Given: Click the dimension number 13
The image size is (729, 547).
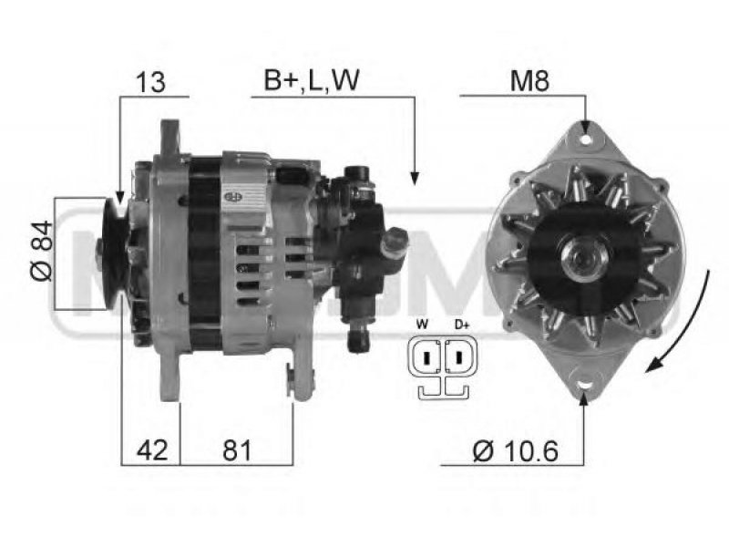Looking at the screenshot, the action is pyautogui.click(x=150, y=82).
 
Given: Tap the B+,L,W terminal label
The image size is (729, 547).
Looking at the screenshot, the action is pyautogui.click(x=312, y=80).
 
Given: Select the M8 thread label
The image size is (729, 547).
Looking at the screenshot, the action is pyautogui.click(x=529, y=81).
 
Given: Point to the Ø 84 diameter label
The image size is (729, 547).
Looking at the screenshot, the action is pyautogui.click(x=42, y=252).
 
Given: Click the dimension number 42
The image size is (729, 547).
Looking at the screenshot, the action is pyautogui.click(x=152, y=449).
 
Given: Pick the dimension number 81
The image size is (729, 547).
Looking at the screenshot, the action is pyautogui.click(x=237, y=449).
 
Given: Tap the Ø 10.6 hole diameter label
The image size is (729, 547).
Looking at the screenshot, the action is pyautogui.click(x=515, y=450).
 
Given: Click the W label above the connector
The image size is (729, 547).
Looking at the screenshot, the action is pyautogui.click(x=422, y=325).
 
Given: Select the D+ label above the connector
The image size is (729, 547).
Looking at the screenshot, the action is pyautogui.click(x=462, y=325).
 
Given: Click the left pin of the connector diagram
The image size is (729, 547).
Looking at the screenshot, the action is pyautogui.click(x=426, y=357).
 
